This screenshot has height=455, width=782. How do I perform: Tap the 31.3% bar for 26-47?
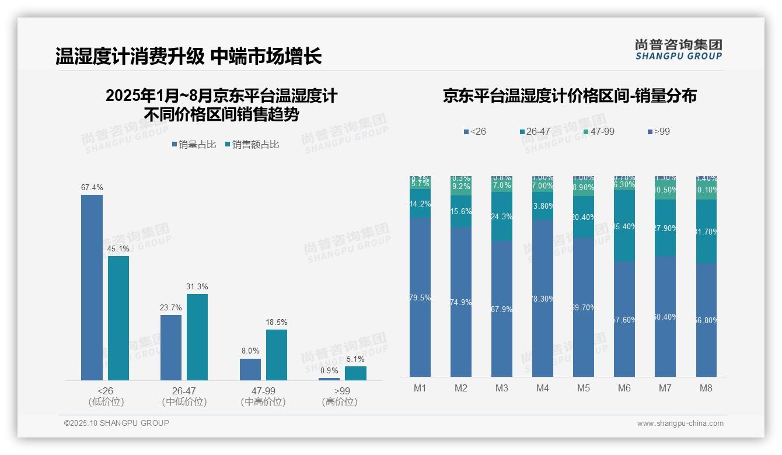[197, 337]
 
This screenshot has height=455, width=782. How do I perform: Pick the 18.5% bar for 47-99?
[277, 355]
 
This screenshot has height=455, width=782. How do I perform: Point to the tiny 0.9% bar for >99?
[329, 379]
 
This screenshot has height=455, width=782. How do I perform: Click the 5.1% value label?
[355, 359]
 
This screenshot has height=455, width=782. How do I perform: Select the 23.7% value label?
[171, 307]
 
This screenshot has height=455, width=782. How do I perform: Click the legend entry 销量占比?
[193, 144]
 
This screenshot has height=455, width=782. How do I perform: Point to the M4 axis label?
[543, 388]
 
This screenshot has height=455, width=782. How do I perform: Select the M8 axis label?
[706, 388]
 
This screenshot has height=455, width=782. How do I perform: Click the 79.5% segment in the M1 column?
[420, 297]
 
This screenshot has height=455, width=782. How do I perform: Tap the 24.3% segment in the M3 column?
[502, 216]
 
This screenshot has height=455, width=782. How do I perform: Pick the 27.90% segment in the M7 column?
[665, 228]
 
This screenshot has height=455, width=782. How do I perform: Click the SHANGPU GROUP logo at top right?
[678, 50]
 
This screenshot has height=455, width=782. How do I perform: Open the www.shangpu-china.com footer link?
[680, 423]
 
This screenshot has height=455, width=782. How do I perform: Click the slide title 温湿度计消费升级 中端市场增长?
[188, 57]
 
